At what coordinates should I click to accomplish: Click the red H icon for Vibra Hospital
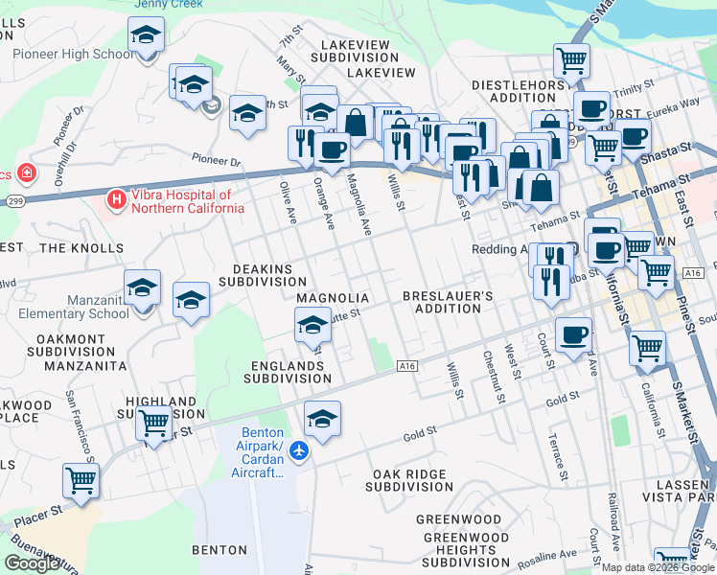click(x=116, y=200)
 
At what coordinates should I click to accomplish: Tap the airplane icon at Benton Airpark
click(x=299, y=449)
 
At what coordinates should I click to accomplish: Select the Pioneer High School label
click(x=73, y=54)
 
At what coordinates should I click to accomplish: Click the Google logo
click(x=32, y=563)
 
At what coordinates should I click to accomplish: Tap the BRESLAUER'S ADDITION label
click(x=448, y=303)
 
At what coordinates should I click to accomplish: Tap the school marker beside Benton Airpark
click(x=323, y=419)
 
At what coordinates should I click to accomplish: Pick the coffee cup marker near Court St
click(x=573, y=334)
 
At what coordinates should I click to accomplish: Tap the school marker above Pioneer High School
click(x=147, y=37)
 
